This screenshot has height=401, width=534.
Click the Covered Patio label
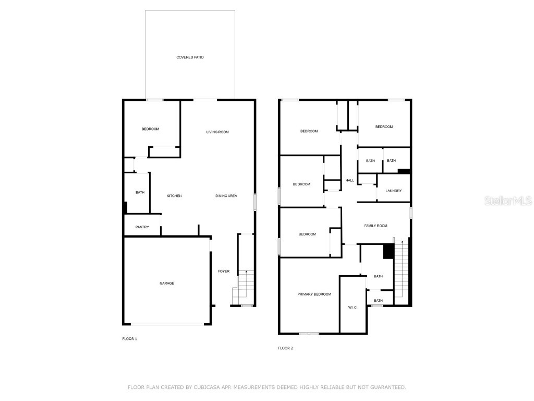click(190, 57)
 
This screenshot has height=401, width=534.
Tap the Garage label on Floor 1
click(167, 283)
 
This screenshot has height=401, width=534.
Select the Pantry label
click(142, 227)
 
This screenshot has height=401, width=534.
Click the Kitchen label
click(174, 196)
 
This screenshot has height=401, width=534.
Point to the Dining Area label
click(226, 196)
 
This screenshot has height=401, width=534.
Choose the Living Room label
click(217, 132)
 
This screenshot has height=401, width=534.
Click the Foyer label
click(223, 271)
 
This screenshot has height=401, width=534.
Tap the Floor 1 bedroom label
click(150, 129)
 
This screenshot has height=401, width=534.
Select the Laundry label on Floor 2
click(394, 191)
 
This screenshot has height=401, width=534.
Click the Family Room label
click(375, 226)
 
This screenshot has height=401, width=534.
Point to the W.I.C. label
click(353, 307)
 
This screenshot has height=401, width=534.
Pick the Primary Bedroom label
click(314, 294)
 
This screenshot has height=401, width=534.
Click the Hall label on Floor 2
click(349, 181)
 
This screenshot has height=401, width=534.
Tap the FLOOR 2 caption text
click(285, 348)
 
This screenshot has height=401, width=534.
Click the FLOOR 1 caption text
click(129, 339)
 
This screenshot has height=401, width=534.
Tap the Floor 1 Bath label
click(140, 193)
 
